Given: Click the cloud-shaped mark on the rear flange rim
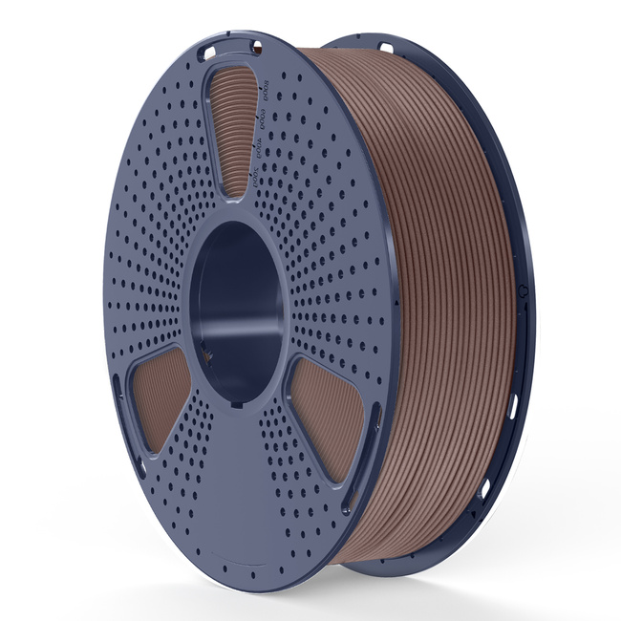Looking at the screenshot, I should pyautogui.click(x=522, y=287).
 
